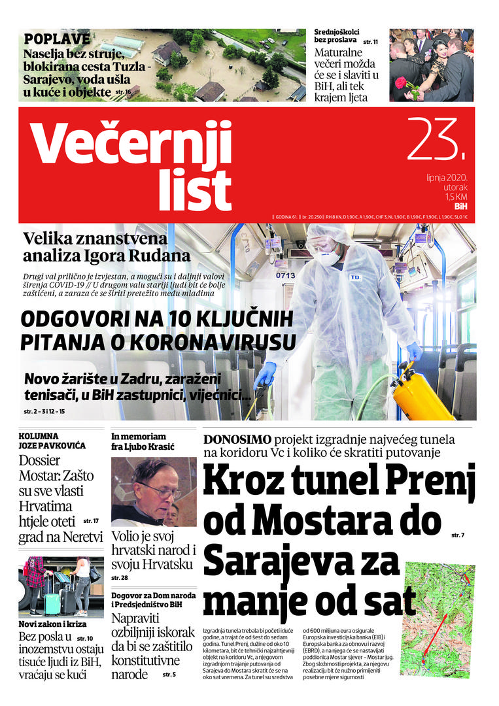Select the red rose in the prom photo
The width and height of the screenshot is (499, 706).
(x=400, y=83)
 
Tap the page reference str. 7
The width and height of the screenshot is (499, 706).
(x=457, y=535)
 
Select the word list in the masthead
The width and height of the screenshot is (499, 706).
(x=194, y=190)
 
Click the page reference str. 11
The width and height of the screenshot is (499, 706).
(x=370, y=41)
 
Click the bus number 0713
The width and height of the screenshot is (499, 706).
(x=286, y=275)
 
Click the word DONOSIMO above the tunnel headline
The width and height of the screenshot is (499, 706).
(x=237, y=439)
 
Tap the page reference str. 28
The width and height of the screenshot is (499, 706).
(x=120, y=578)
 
